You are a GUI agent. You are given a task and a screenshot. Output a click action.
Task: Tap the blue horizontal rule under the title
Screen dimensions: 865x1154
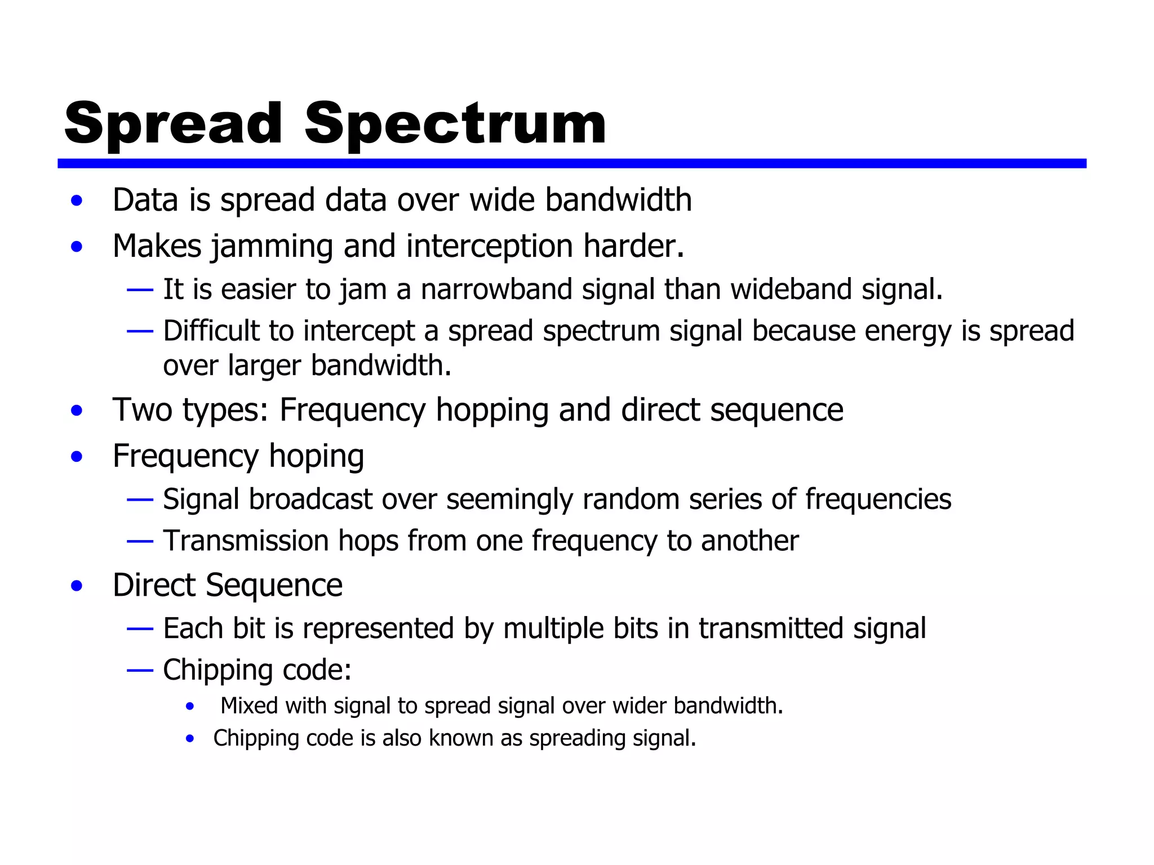click(x=571, y=163)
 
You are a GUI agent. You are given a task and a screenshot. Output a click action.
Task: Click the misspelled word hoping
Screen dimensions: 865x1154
click(x=316, y=457)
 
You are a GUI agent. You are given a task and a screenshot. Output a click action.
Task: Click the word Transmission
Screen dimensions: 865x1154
click(x=246, y=541)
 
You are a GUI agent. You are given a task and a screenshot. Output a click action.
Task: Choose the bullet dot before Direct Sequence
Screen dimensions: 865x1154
click(x=77, y=586)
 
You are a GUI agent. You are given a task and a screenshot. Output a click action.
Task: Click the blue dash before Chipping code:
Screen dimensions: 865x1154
click(x=140, y=670)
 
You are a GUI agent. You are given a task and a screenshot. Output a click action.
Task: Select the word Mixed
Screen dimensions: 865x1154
click(x=248, y=706)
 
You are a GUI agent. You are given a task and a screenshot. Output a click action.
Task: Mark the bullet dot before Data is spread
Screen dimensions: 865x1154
click(x=77, y=200)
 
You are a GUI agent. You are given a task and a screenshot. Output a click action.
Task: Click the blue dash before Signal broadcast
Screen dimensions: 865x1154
click(x=140, y=500)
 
